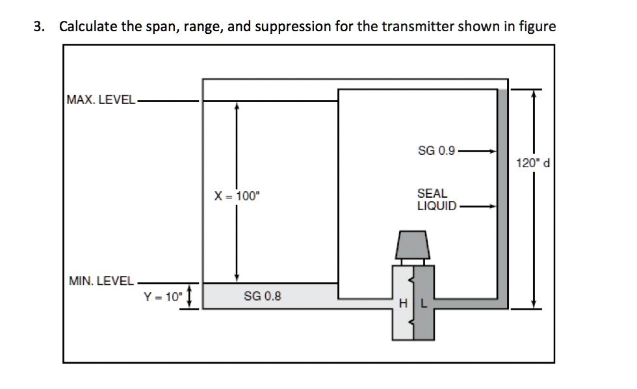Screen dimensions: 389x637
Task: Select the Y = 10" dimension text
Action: (164, 297)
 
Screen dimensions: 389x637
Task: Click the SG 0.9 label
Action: (436, 151)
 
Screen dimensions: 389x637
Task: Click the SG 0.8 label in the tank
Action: (263, 297)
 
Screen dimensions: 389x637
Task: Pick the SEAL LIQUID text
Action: (433, 200)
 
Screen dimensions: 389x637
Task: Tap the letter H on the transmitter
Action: (403, 303)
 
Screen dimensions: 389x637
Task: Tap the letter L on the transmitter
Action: (422, 303)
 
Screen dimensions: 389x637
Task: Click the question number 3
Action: (39, 27)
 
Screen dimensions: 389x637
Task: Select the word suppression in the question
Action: (290, 27)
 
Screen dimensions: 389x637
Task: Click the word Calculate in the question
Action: (86, 27)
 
